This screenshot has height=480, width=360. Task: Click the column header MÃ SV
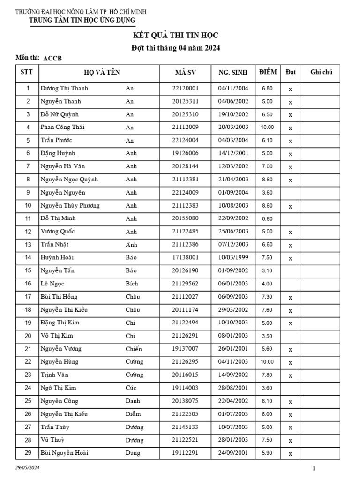(185, 72)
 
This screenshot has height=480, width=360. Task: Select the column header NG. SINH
(233, 72)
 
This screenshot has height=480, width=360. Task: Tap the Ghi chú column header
(322, 72)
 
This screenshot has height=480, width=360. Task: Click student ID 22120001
(186, 88)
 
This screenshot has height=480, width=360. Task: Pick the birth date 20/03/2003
(233, 127)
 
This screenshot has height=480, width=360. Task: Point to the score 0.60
(267, 218)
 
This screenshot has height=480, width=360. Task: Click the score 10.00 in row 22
(267, 362)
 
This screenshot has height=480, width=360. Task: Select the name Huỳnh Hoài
(57, 257)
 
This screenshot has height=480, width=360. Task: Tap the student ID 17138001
(186, 257)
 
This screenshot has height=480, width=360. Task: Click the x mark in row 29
(291, 454)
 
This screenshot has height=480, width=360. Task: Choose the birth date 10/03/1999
(233, 257)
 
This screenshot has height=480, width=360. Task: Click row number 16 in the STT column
(28, 284)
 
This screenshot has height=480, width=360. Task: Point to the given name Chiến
(134, 349)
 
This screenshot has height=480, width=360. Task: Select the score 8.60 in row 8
(267, 180)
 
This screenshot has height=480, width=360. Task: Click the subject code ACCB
(52, 59)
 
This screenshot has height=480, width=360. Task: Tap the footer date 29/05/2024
(28, 468)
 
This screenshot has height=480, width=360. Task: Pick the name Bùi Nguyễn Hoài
(65, 453)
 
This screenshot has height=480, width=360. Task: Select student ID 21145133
(186, 427)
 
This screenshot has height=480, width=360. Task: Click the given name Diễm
(133, 414)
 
